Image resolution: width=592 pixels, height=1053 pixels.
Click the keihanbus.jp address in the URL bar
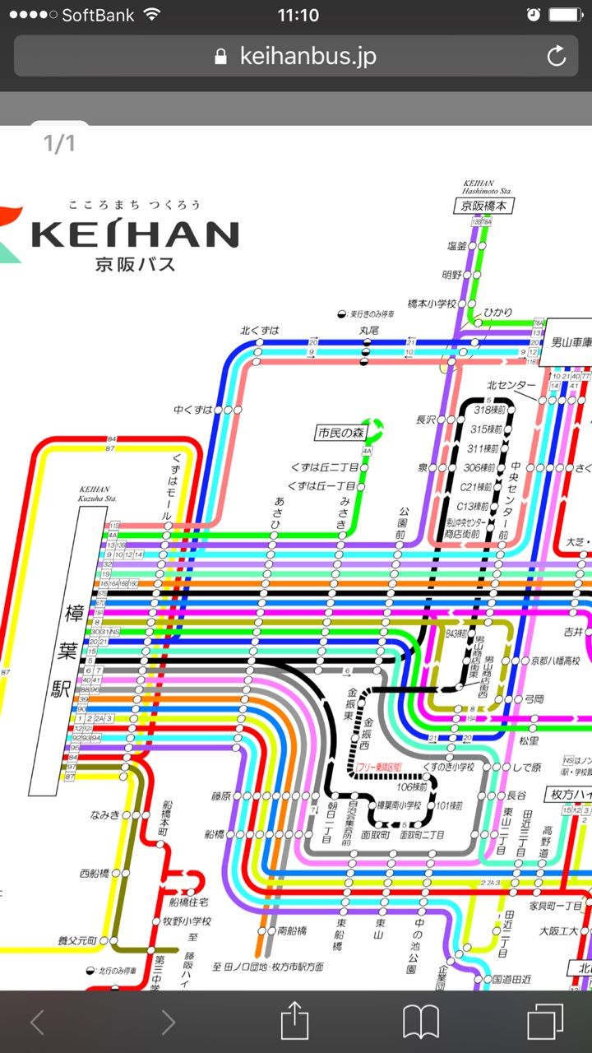tap(308, 56)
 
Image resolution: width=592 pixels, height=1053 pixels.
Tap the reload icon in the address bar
tap(557, 56)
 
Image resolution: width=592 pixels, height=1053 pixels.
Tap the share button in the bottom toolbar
tap(294, 1023)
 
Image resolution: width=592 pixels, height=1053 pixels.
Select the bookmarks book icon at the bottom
tap(420, 1023)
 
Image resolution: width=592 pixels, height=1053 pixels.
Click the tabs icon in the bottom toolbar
tap(544, 1023)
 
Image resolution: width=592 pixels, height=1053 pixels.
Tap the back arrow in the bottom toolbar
tap(37, 1023)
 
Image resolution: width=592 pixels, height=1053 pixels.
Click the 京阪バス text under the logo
tap(135, 264)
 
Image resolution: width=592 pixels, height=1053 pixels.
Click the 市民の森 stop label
tap(340, 431)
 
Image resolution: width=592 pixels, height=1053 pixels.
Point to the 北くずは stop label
tap(260, 331)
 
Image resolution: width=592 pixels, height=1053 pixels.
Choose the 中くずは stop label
tap(193, 409)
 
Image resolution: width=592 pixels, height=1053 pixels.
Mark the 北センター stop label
tap(511, 385)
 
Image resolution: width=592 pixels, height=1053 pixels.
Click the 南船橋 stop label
tap(292, 930)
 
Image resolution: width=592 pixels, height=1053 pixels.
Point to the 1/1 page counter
tap(59, 144)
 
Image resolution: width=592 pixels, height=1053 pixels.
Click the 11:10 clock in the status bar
tap(298, 15)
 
